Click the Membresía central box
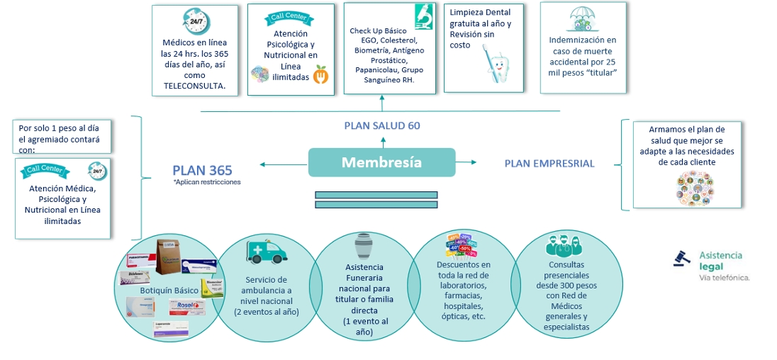381,162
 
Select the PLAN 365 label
202,170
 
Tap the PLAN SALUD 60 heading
381,125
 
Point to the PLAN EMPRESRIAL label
549,164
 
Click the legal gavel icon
683,259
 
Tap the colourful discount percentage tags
462,245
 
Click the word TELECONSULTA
194,86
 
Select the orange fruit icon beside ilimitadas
321,74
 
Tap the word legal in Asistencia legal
711,266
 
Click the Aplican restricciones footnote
207,182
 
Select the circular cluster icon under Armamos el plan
694,187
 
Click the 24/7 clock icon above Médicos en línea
194,22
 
